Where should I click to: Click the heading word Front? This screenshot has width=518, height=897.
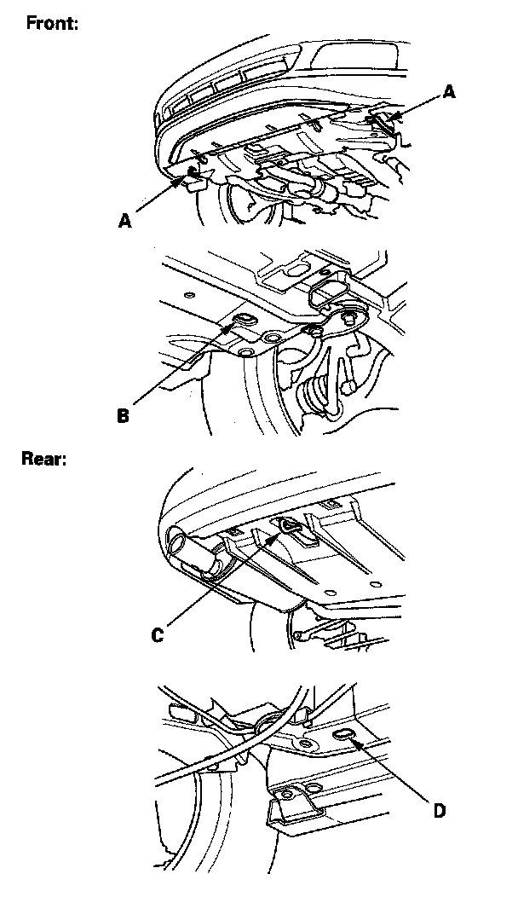pos(53,23)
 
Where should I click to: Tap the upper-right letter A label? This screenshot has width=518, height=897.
pos(449,92)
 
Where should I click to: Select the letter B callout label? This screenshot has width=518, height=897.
pos(124,417)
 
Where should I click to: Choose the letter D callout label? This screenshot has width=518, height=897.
pos(438,810)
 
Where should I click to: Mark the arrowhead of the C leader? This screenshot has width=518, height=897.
pos(279,530)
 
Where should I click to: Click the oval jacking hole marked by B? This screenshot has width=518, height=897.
pos(242,319)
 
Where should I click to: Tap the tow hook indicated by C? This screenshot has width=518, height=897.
pos(286,525)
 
